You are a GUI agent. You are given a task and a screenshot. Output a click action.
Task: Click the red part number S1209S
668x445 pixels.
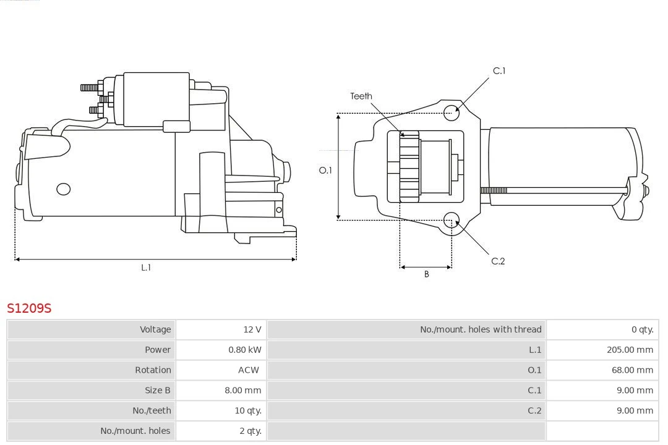pyautogui.click(x=29, y=308)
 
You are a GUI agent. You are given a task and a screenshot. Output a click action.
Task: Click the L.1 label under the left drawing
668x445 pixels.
pyautogui.click(x=146, y=268)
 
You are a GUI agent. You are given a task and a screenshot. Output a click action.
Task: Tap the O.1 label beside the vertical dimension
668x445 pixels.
pyautogui.click(x=325, y=170)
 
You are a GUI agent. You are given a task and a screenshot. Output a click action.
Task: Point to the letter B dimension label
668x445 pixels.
pyautogui.click(x=426, y=274)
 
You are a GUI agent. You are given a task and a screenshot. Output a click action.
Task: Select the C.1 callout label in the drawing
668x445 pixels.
pyautogui.click(x=499, y=71)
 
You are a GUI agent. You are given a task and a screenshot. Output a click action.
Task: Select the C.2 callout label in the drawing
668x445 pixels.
pyautogui.click(x=498, y=261)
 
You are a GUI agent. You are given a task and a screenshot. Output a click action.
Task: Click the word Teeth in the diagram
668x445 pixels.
pyautogui.click(x=361, y=96)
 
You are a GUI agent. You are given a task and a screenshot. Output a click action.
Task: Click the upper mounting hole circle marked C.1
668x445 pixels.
pyautogui.click(x=452, y=111)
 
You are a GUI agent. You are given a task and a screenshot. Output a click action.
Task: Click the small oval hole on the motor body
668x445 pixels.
pyautogui.click(x=64, y=189)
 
